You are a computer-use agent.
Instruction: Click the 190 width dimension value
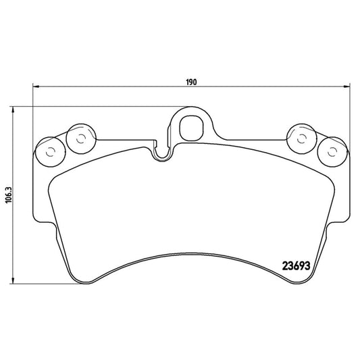coord(191,82)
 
